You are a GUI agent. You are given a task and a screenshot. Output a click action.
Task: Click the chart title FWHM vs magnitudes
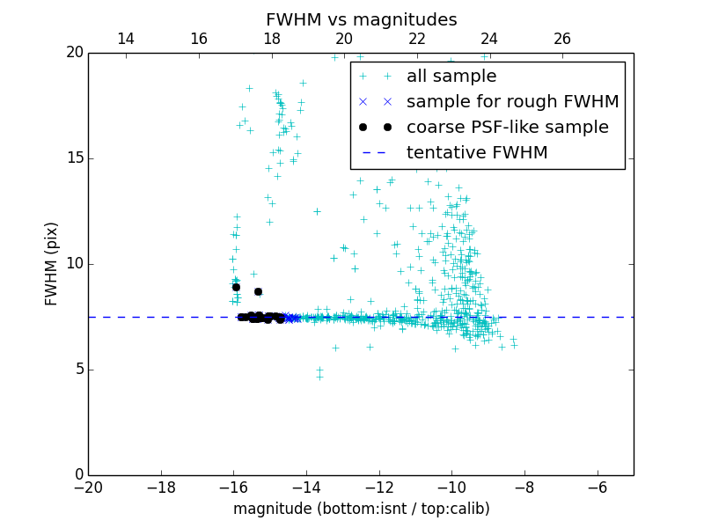click(361, 19)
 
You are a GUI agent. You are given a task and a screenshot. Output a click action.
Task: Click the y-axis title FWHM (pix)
click(52, 263)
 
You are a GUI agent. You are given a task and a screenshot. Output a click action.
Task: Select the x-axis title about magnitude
click(361, 509)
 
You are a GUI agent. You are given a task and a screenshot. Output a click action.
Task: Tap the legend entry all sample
click(451, 77)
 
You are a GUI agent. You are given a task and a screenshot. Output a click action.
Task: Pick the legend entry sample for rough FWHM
click(512, 101)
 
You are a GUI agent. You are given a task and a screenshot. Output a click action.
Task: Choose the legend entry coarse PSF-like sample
click(507, 127)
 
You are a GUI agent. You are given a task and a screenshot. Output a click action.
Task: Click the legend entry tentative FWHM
click(476, 152)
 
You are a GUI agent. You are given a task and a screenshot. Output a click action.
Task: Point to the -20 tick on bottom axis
click(88, 487)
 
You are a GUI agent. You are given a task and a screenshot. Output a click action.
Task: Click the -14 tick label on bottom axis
click(306, 487)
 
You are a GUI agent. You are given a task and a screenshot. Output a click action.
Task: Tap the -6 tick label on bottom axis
click(597, 487)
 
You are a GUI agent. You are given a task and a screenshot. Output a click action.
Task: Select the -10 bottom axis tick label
click(451, 487)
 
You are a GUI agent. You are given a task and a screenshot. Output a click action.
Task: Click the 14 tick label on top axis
click(126, 39)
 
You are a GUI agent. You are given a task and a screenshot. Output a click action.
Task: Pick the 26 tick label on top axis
click(562, 39)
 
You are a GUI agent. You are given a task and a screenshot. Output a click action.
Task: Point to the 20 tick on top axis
click(344, 39)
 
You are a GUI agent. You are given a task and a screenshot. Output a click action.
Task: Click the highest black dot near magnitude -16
click(236, 287)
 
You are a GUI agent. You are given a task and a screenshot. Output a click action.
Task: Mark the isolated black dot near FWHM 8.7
click(258, 291)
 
